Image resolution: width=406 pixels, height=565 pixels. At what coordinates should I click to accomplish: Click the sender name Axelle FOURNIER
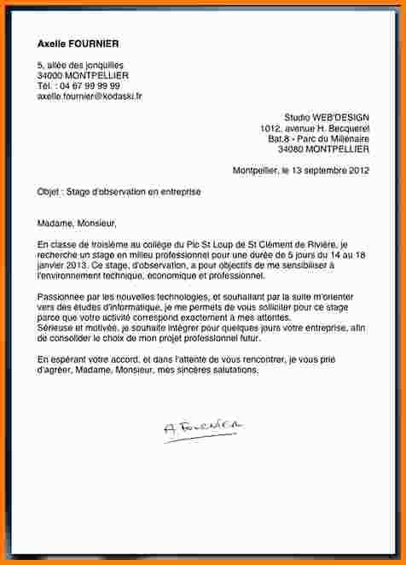tap(78, 44)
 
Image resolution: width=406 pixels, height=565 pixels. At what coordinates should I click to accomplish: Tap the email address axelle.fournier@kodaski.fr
tap(90, 96)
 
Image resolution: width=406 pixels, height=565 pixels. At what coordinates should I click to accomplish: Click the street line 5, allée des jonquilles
tap(81, 65)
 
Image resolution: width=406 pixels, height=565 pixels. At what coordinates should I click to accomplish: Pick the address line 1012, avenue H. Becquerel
tap(315, 128)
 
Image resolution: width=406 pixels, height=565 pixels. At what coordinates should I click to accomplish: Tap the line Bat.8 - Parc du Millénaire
tap(318, 138)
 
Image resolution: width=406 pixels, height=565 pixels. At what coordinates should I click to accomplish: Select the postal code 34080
tap(295, 149)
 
